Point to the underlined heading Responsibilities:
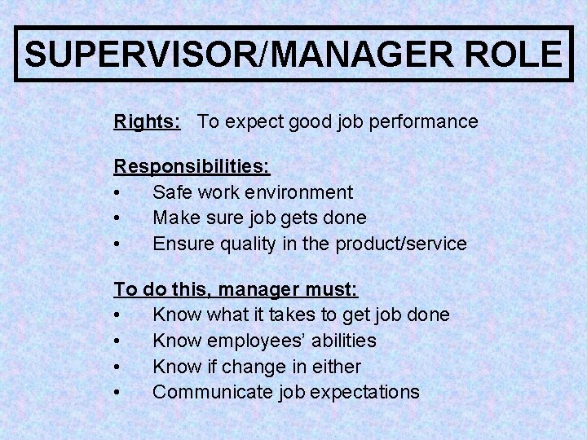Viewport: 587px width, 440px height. (x=192, y=166)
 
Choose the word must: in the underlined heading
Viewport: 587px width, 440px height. (x=332, y=288)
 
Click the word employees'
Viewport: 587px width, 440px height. (x=254, y=341)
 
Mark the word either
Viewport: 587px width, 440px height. (x=332, y=366)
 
